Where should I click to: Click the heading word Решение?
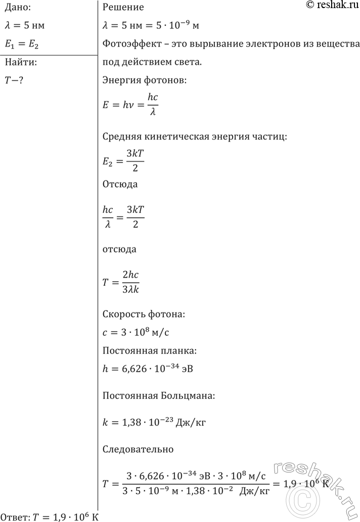pos(123,7)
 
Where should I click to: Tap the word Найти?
pos(19,63)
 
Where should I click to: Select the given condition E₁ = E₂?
pos(21,45)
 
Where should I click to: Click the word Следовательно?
pos(138,448)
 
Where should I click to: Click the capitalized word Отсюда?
pos(120,184)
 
